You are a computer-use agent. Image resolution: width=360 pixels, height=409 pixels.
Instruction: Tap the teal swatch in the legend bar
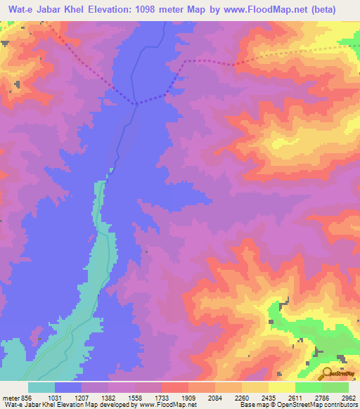(x=41, y=387)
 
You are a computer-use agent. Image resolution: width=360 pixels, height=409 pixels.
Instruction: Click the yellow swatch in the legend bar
(x=281, y=387)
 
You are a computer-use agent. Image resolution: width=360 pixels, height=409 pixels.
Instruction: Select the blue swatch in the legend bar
(x=68, y=387)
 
